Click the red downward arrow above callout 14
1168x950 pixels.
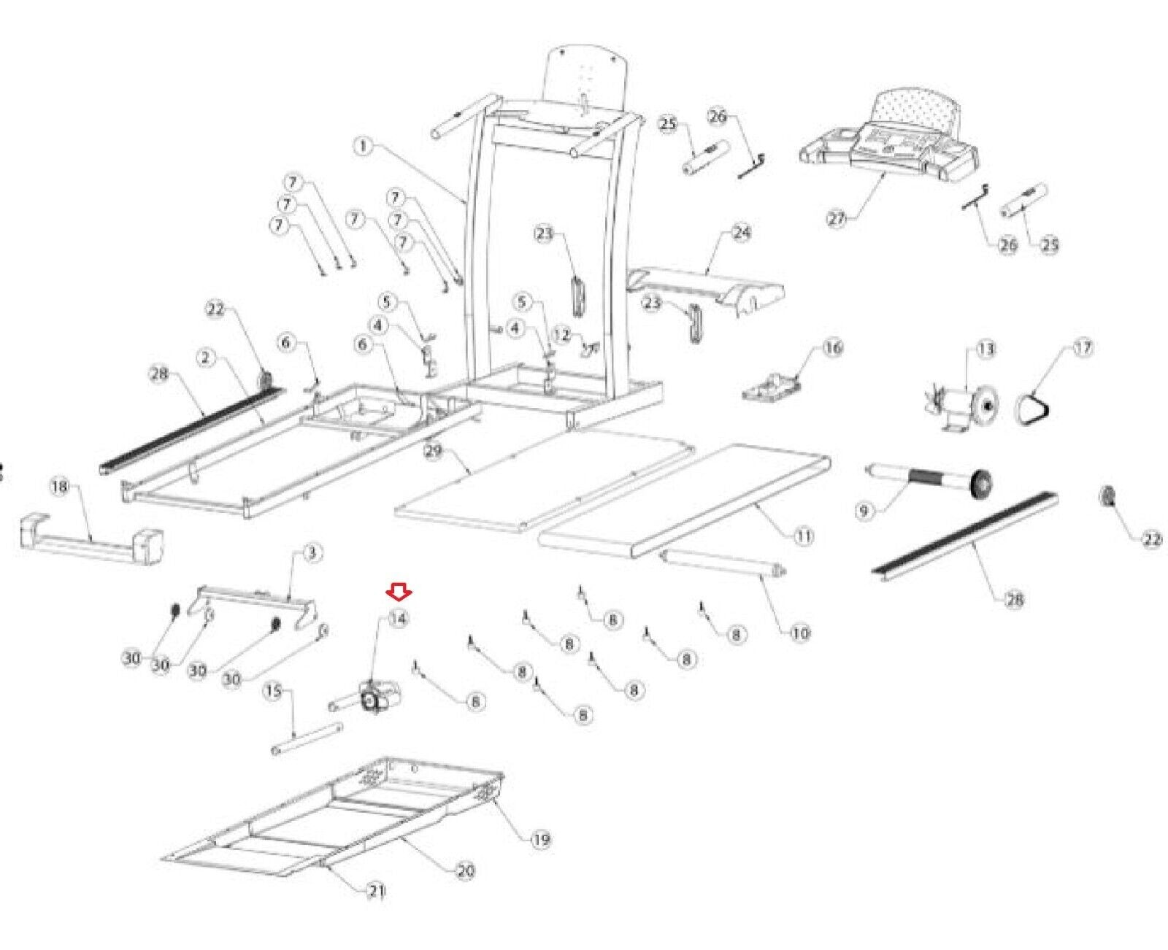coord(399,591)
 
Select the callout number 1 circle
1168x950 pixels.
coord(363,147)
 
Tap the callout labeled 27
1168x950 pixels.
coord(837,217)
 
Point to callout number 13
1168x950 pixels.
coord(985,350)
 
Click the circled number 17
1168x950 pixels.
coord(1083,348)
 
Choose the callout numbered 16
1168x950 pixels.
coord(832,347)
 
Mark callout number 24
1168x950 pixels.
coord(742,233)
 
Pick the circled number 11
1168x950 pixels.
coord(803,536)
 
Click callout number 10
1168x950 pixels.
coord(801,633)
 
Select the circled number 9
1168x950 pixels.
coord(864,511)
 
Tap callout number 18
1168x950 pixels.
coord(60,486)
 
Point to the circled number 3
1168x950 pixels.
coord(312,553)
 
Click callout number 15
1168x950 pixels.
coord(273,690)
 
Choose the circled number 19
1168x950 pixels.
coord(540,839)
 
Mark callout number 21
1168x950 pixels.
coord(377,891)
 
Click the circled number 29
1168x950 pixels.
coord(434,451)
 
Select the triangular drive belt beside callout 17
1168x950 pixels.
coord(1034,406)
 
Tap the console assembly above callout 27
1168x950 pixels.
coord(889,139)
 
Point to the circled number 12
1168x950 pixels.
coord(561,335)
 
